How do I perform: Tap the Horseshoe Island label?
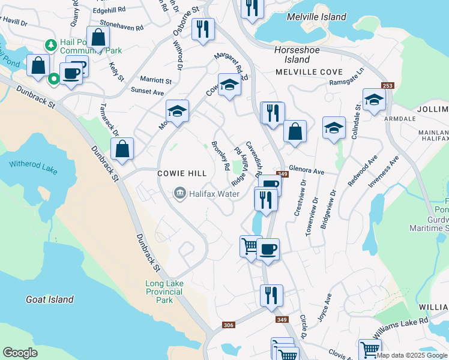point(292,55)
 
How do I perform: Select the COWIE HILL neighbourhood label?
point(182,173)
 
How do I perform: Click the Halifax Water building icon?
point(179,193)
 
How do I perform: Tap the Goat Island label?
point(50,299)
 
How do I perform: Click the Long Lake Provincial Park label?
point(164,292)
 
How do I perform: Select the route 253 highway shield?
point(388,86)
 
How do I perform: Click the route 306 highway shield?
point(228,325)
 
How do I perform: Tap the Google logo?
point(20,353)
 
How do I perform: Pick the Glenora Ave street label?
point(306,171)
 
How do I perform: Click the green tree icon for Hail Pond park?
point(51,44)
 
